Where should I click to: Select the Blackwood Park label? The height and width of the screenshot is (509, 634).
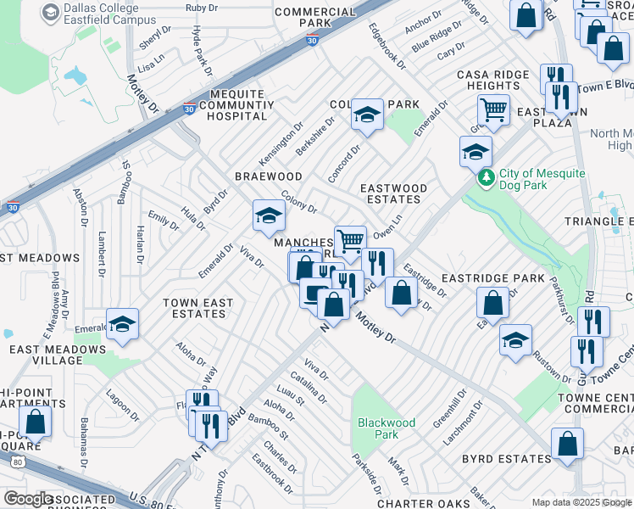coord(387,428)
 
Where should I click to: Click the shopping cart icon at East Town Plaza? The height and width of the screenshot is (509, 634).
coord(492,109)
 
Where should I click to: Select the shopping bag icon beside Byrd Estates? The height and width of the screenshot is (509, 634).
coord(567,444)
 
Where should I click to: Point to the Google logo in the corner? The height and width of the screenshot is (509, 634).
coord(28,499)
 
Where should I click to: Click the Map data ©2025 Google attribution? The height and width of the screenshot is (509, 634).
coord(582,502)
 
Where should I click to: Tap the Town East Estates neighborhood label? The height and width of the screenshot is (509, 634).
coord(194,308)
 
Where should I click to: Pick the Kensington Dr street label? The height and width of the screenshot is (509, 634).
coord(281,144)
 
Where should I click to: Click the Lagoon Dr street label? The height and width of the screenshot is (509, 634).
coord(121,406)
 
